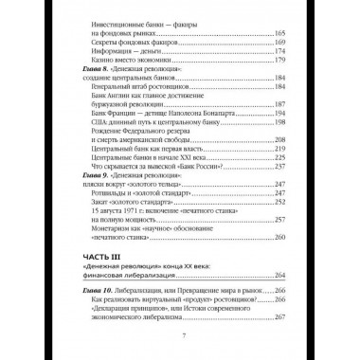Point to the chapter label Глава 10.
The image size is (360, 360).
coord(92,298)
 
